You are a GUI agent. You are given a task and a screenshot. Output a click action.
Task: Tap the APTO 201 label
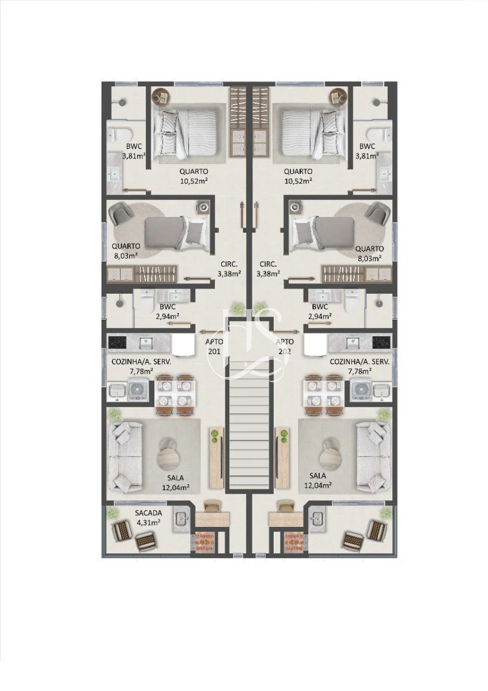(214, 346)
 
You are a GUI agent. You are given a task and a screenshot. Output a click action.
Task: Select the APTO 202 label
(285, 346)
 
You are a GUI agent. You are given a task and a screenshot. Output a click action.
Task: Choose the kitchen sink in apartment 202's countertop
(352, 341)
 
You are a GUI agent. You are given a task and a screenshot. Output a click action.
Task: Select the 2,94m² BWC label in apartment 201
(168, 311)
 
